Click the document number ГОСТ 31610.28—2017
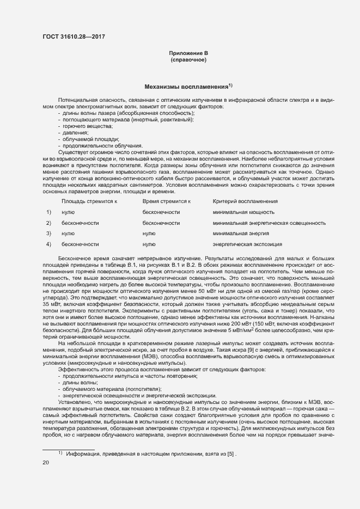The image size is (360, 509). pos(74,36)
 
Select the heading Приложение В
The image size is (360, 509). pos(188,53)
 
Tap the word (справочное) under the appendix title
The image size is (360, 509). pos(188,59)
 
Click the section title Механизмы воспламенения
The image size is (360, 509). pos(187,87)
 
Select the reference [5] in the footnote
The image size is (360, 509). pos(231,453)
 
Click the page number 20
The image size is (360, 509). pos(46,462)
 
